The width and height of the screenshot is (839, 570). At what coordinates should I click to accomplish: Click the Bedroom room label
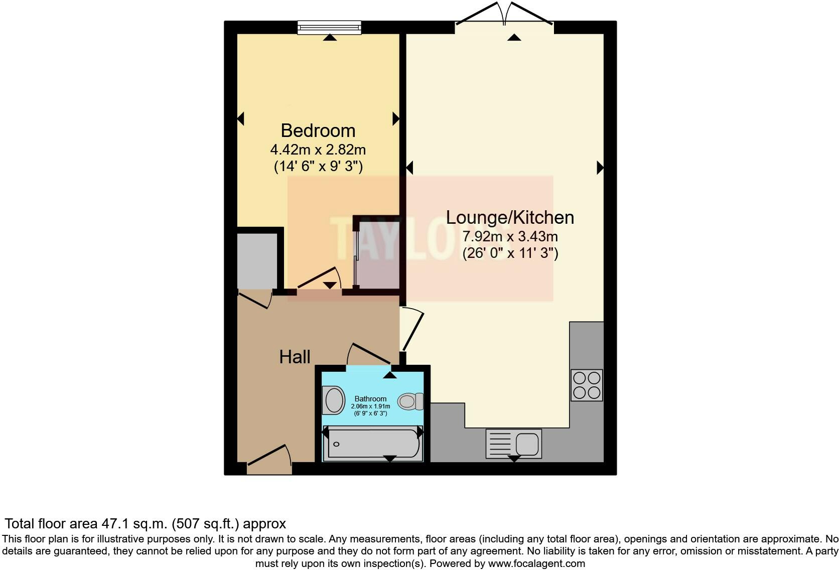[318, 130]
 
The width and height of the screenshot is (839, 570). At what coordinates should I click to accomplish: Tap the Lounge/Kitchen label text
[510, 217]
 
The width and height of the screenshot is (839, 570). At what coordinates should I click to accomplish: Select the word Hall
[295, 357]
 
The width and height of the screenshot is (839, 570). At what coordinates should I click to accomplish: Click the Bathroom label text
[370, 399]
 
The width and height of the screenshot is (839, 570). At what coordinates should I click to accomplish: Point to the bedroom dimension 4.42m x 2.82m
[318, 150]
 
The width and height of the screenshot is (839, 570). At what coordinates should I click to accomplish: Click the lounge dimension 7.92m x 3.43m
[510, 236]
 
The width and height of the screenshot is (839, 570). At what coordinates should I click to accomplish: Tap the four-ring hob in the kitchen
[587, 385]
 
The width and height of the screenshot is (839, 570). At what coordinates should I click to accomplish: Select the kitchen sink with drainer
[514, 444]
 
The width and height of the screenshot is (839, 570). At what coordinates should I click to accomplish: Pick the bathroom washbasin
[333, 400]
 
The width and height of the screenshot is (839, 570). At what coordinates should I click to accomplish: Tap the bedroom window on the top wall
[329, 27]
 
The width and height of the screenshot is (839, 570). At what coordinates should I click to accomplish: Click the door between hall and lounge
[412, 329]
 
